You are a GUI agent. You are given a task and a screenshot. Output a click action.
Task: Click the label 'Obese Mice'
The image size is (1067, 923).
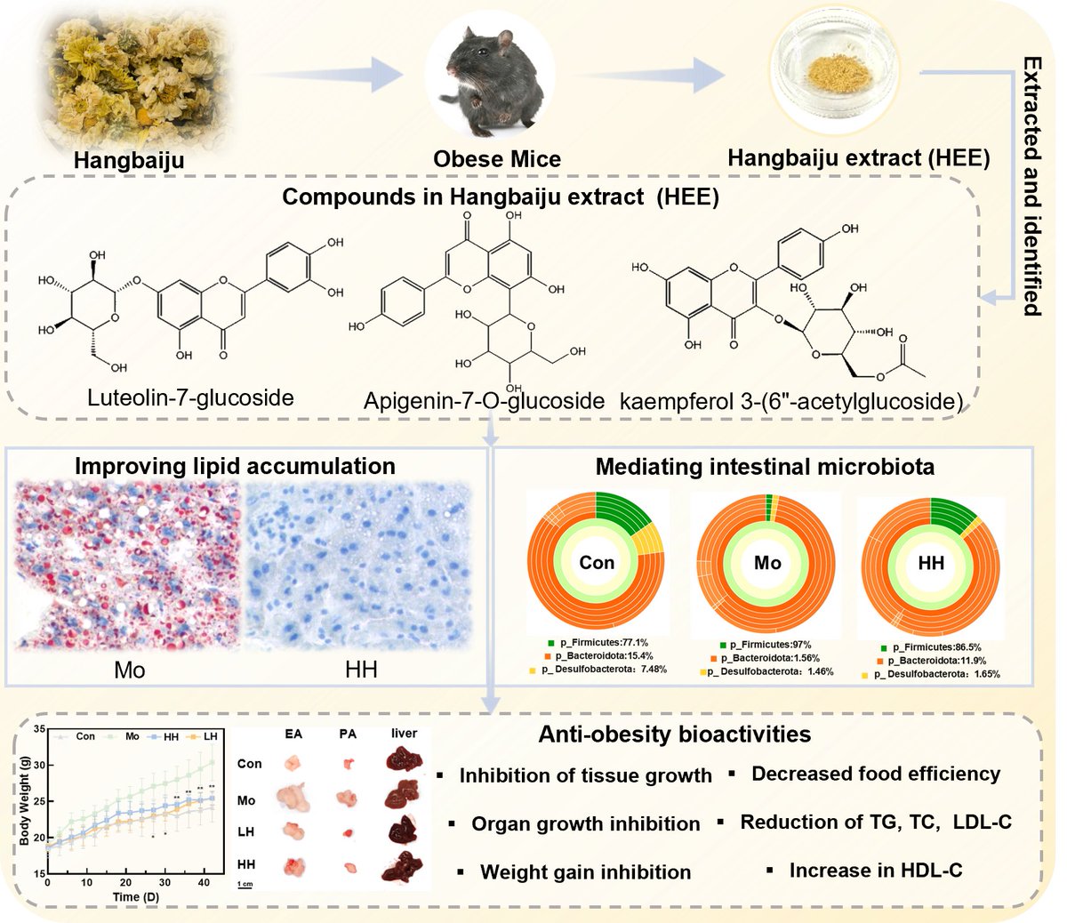pyautogui.click(x=497, y=159)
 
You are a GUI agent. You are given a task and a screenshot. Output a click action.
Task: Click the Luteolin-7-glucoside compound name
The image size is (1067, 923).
pyautogui.click(x=190, y=397)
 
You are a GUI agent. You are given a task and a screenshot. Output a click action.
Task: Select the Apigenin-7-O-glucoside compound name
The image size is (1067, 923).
pyautogui.click(x=484, y=401)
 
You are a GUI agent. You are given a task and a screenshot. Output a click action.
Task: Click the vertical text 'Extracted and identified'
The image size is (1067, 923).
pyautogui.click(x=1031, y=186)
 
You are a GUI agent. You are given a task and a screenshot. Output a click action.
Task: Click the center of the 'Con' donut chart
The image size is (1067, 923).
pyautogui.click(x=597, y=563)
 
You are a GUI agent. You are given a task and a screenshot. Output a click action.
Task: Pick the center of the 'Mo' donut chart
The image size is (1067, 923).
pyautogui.click(x=767, y=563)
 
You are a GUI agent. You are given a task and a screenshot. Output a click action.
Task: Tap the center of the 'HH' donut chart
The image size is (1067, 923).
pyautogui.click(x=931, y=563)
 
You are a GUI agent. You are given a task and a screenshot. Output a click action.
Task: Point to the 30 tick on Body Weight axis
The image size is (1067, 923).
pyautogui.click(x=39, y=765)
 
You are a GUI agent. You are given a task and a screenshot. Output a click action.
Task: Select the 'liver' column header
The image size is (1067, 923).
pyautogui.click(x=404, y=734)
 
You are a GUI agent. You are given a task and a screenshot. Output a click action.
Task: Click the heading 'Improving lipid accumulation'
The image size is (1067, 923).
pyautogui.click(x=235, y=466)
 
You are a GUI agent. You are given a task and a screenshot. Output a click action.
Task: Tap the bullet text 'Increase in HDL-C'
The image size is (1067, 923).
pyautogui.click(x=875, y=871)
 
